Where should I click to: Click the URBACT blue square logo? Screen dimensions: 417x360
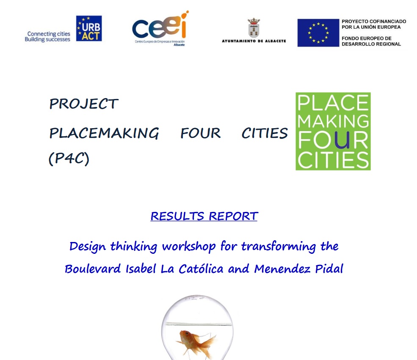coord(89,28)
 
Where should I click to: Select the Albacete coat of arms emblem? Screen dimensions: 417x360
coord(254,27)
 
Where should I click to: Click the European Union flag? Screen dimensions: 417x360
coord(318,33)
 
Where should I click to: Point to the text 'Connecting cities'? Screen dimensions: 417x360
coord(49,34)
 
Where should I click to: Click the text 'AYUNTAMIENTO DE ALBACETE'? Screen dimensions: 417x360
coord(254,41)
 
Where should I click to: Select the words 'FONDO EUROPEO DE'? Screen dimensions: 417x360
coord(367,38)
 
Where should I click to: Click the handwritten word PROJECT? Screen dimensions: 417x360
coord(84,104)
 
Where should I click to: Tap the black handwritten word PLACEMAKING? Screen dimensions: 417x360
coord(104,133)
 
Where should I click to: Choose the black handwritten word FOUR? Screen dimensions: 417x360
coord(201,133)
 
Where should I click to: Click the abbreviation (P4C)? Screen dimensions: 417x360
coord(69,159)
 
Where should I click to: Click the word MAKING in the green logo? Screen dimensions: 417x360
coord(333,121)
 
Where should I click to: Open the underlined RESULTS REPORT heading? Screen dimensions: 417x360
coord(204,216)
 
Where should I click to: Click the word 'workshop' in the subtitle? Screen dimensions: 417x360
coord(189,247)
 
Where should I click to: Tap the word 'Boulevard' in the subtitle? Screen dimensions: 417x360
coord(93,269)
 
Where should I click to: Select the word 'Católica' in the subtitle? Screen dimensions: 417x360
coord(201,269)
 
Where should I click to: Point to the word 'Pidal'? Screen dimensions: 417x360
coord(329,269)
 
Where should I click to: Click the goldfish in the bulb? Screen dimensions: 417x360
coord(196,343)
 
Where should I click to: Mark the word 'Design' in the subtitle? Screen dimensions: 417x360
coord(88,247)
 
